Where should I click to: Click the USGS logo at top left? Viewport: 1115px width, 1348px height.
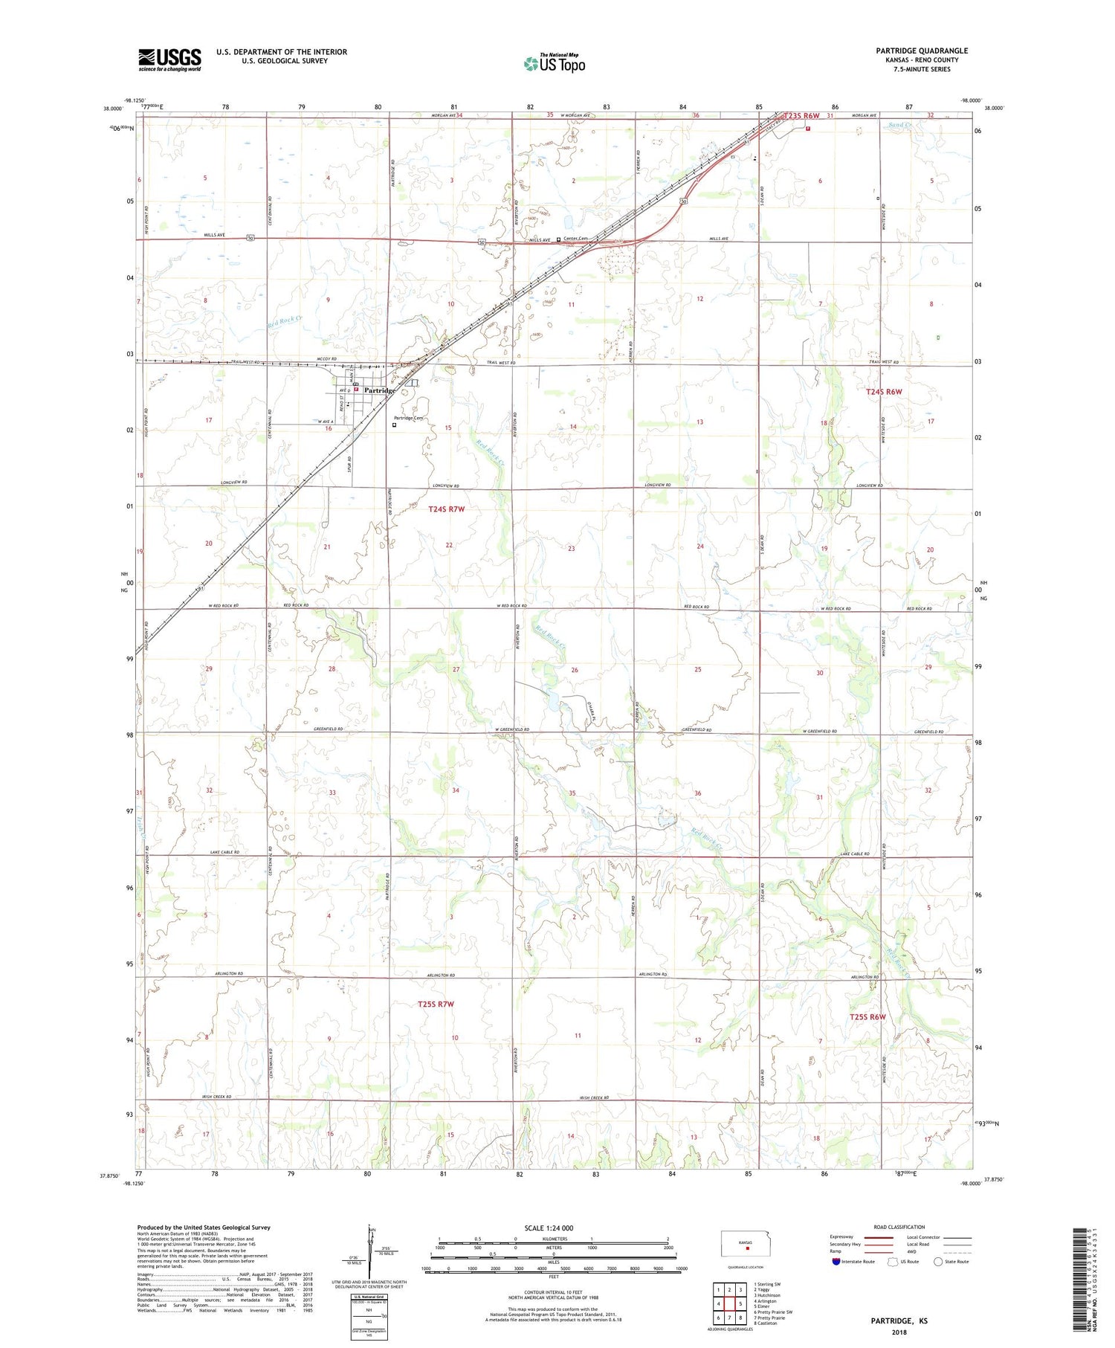tap(169, 59)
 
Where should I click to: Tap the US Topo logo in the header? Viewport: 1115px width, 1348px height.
tap(555, 64)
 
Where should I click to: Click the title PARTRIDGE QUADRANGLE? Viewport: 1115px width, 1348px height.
tap(922, 51)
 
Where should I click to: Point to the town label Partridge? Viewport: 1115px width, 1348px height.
tap(379, 390)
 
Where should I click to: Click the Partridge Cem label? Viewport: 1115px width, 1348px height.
tap(408, 419)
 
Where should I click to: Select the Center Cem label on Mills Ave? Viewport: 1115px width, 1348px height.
tap(575, 239)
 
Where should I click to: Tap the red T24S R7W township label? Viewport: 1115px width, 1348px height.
tap(446, 509)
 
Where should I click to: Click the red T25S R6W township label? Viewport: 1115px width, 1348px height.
tap(868, 1016)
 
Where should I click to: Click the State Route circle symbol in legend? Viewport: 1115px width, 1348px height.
tap(938, 1262)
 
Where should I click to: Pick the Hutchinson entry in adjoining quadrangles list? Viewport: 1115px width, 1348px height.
tap(767, 1295)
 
